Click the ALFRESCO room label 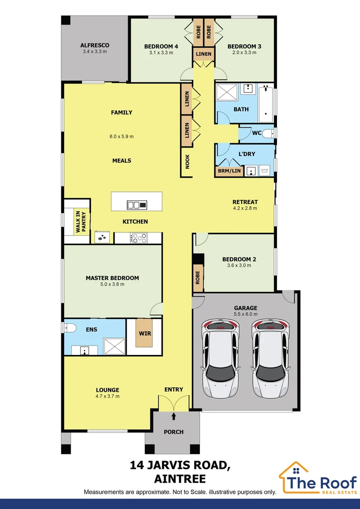point(95,45)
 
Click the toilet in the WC point(268,134)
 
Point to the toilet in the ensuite point(69,328)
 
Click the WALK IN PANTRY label point(81,221)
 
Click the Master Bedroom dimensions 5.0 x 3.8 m point(112,284)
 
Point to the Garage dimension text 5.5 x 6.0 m point(246,315)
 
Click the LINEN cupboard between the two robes point(204,54)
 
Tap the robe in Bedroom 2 point(198,277)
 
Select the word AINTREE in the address point(180,479)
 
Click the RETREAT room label point(245,202)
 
